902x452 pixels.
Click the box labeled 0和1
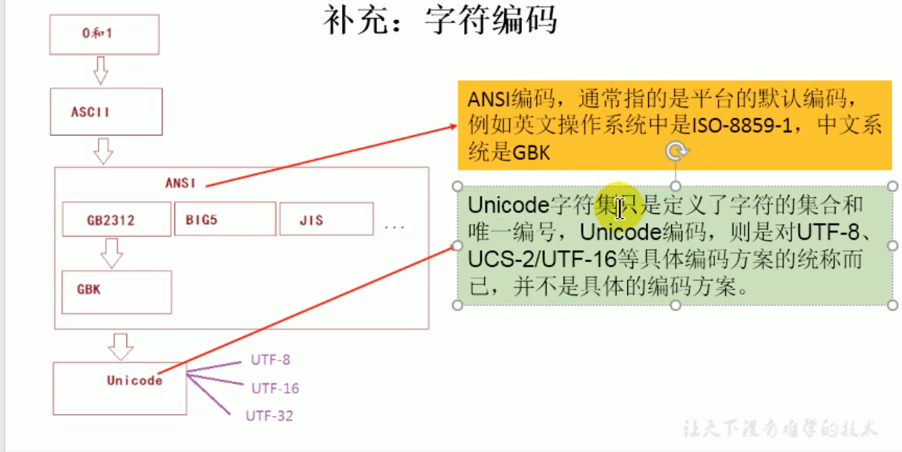pyautogui.click(x=104, y=34)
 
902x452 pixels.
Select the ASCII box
pyautogui.click(x=106, y=112)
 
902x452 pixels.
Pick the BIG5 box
pyautogui.click(x=224, y=219)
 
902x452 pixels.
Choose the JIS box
pyautogui.click(x=326, y=220)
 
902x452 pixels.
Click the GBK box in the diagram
pyautogui.click(x=116, y=291)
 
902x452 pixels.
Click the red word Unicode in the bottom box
pyautogui.click(x=134, y=380)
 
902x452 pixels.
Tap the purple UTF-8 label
pyautogui.click(x=270, y=360)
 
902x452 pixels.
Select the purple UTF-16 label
pyautogui.click(x=275, y=387)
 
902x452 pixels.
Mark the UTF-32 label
pyautogui.click(x=269, y=416)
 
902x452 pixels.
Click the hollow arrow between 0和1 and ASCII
pyautogui.click(x=101, y=71)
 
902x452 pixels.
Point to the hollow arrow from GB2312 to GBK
pyautogui.click(x=111, y=252)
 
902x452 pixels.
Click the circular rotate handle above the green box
pyautogui.click(x=676, y=152)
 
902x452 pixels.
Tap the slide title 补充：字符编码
pyautogui.click(x=439, y=20)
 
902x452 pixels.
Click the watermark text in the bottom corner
pyautogui.click(x=780, y=428)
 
